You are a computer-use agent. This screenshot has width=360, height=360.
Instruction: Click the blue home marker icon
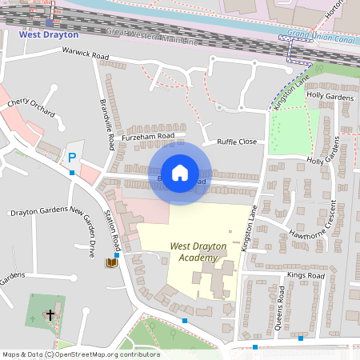click(x=180, y=172)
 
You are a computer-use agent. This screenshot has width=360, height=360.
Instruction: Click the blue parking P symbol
click(x=72, y=158)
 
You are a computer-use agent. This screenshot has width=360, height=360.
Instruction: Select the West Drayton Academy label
click(x=194, y=253)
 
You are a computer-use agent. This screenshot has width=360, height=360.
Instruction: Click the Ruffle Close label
click(x=237, y=142)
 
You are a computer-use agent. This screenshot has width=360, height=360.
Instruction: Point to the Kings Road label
click(x=304, y=275)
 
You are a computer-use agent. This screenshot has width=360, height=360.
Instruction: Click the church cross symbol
click(x=50, y=315)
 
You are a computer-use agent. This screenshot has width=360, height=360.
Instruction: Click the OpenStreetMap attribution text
click(x=80, y=354)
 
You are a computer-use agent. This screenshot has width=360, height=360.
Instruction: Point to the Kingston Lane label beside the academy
click(x=246, y=230)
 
